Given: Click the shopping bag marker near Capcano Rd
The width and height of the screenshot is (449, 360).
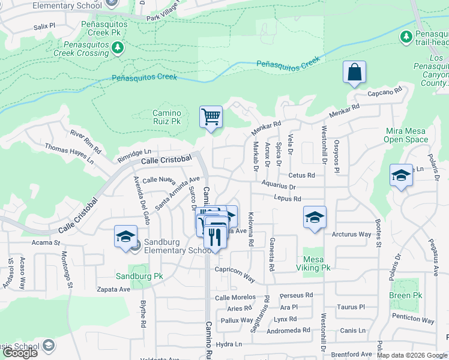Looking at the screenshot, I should [x=355, y=73].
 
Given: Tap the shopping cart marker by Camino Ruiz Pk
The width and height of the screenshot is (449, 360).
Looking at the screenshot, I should [x=211, y=116].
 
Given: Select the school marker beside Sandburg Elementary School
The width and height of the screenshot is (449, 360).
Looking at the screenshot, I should [x=125, y=236].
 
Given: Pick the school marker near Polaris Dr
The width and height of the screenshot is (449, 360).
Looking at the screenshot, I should [x=401, y=175].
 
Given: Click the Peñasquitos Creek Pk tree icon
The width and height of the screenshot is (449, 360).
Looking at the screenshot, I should [x=118, y=47].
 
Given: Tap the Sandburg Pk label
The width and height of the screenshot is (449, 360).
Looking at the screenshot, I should [x=140, y=277].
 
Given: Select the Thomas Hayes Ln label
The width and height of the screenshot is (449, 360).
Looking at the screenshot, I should [x=69, y=153].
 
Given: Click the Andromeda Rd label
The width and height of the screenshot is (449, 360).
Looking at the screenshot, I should [x=289, y=330].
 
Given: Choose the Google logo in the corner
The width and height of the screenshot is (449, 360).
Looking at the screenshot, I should [x=20, y=353].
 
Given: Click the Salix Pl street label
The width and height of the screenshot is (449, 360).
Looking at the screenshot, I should [x=44, y=27].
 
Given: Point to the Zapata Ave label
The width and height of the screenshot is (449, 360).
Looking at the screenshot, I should [x=113, y=289].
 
